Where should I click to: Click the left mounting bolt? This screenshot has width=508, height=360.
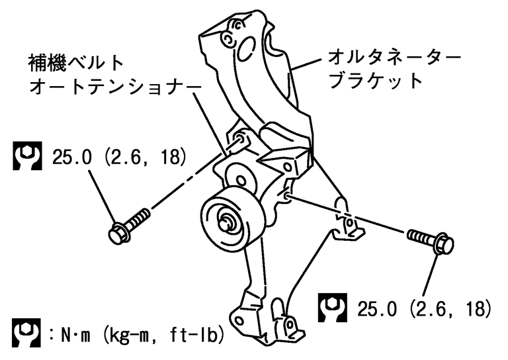pyautogui.click(x=131, y=222)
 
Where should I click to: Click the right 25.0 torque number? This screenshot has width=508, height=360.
pyautogui.click(x=378, y=308)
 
